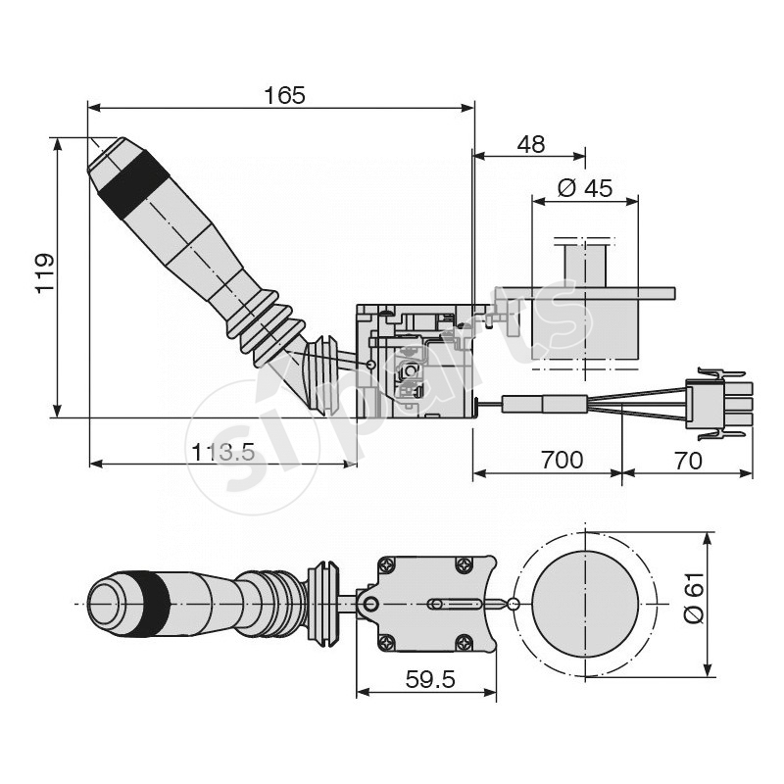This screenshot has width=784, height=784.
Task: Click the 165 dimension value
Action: point(284,95)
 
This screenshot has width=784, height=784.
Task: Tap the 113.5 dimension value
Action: point(223,452)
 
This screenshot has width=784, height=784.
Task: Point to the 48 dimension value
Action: point(530,144)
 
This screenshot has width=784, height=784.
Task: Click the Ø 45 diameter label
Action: point(584,188)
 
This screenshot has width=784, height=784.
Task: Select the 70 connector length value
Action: point(688,460)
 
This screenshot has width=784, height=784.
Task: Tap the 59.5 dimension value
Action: point(427,679)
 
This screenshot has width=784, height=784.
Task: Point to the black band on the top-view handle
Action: point(153,601)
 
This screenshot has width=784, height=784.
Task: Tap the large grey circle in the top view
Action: point(584,604)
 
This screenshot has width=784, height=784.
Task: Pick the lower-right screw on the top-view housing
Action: point(465,643)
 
